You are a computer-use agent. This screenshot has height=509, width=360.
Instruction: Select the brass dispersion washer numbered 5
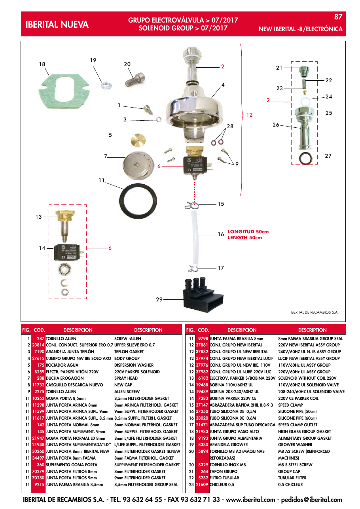(x=138, y=140)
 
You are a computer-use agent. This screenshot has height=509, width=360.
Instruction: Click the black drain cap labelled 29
(x=203, y=294)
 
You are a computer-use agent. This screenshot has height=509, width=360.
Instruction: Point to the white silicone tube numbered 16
(x=195, y=237)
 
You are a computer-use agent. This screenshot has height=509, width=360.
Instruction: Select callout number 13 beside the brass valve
(x=39, y=217)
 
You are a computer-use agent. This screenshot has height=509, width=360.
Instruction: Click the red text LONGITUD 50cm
(x=248, y=231)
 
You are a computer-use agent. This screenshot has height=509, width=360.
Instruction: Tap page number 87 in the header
(x=338, y=17)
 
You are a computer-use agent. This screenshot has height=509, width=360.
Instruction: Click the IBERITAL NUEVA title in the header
(x=57, y=25)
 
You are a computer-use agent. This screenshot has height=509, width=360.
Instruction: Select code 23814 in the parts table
(x=38, y=345)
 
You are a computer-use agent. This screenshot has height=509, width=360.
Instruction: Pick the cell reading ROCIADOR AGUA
(x=62, y=365)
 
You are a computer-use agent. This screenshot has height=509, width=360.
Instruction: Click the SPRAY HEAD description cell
(x=126, y=378)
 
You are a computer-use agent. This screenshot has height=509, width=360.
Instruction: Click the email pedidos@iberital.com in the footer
(x=311, y=500)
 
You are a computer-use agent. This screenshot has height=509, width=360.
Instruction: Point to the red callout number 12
(x=250, y=115)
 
